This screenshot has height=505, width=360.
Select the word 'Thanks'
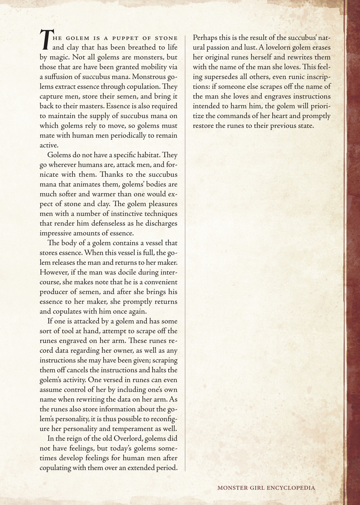(x=112, y=174)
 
